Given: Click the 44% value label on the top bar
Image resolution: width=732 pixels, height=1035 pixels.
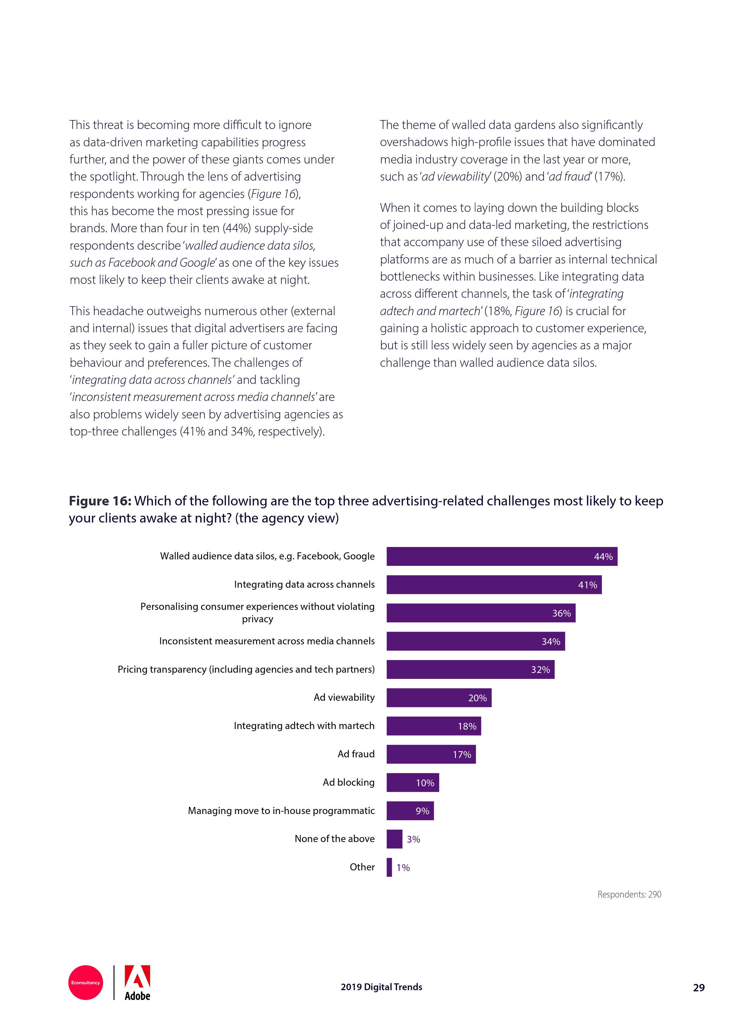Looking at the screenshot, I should [603, 557].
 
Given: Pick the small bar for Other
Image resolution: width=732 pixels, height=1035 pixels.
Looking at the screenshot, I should [389, 867].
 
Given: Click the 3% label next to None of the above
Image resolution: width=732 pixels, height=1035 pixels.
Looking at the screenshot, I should [413, 839].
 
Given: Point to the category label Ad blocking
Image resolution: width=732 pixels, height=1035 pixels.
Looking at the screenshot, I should [348, 782].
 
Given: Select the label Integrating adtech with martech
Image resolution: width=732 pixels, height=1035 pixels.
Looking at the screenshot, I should [304, 726].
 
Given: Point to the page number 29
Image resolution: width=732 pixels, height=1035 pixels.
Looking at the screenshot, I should [698, 988].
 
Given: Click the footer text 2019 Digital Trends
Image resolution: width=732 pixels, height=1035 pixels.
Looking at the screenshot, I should [381, 987].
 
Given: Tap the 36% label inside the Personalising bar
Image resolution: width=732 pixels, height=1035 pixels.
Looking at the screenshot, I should [561, 613].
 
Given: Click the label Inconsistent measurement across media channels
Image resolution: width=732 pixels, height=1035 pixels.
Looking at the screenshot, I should [266, 641].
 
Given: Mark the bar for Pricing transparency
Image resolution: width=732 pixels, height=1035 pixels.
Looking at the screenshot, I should [470, 669].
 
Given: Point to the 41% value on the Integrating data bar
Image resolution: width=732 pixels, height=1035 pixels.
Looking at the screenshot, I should [587, 585].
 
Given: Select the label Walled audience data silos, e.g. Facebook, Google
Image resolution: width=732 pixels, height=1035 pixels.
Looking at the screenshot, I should [267, 556].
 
